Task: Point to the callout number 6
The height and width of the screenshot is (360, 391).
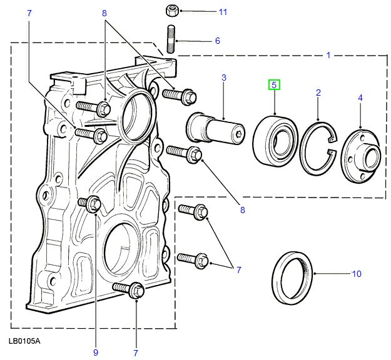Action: [x=218, y=41]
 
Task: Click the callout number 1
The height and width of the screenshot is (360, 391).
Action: [x=328, y=56]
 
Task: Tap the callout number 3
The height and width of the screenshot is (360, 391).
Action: [x=223, y=78]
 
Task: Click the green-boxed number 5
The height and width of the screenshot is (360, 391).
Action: [x=275, y=84]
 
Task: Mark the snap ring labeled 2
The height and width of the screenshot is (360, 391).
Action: [x=318, y=150]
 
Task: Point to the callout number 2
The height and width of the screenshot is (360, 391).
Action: [x=318, y=93]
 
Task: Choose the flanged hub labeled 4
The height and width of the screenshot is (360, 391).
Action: [x=361, y=156]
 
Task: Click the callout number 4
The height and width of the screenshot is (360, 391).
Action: [x=360, y=97]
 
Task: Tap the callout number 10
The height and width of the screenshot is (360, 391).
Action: [x=357, y=274]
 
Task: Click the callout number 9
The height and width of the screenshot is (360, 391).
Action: [x=96, y=352]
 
